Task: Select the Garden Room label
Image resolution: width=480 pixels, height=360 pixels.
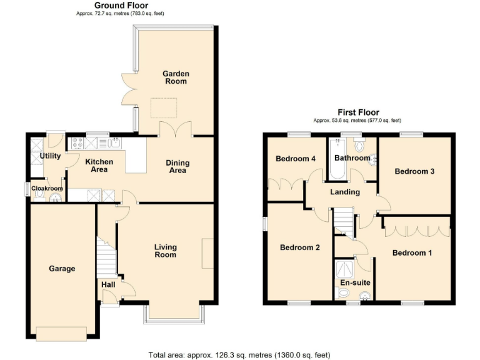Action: pyautogui.click(x=176, y=77)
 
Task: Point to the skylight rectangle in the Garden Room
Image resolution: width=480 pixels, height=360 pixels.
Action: pyautogui.click(x=163, y=109)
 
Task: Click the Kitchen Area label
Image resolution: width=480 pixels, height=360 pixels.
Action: pyautogui.click(x=99, y=166)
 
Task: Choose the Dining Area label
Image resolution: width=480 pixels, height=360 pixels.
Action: pyautogui.click(x=177, y=166)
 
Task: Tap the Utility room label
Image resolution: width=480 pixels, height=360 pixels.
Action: pyautogui.click(x=50, y=156)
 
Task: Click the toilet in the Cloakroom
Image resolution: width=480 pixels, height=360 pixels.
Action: pyautogui.click(x=40, y=195)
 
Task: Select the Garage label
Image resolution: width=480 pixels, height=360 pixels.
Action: pyautogui.click(x=62, y=269)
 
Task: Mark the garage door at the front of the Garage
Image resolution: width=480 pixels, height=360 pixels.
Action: pyautogui.click(x=61, y=334)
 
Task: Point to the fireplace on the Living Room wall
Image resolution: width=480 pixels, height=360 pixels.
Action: pyautogui.click(x=206, y=253)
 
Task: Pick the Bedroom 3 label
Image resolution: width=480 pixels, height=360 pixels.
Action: pyautogui.click(x=414, y=171)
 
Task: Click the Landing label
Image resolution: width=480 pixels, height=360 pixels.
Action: pyautogui.click(x=344, y=192)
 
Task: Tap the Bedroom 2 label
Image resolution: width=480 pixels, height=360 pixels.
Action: pyautogui.click(x=299, y=247)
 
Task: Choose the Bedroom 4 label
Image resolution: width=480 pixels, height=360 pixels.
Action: pyautogui.click(x=296, y=159)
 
